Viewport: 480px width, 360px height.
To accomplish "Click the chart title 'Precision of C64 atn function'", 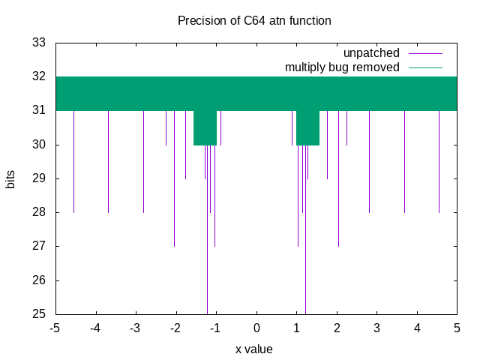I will coord(254,20).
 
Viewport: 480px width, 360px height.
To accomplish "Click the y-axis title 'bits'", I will coord(11,178).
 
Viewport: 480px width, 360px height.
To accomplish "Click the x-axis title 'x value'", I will coord(254,349).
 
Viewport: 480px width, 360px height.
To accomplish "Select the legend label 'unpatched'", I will coord(371,53).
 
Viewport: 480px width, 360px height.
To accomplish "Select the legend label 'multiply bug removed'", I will coord(342,67).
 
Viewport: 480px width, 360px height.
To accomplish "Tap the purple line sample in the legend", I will coord(426,53).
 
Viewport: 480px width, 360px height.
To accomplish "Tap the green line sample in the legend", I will coord(426,67).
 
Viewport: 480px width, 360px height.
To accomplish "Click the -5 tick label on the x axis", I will coord(55,328).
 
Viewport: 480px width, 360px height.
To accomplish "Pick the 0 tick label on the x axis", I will coord(256,328).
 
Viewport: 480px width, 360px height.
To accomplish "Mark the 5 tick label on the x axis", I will coord(457,328).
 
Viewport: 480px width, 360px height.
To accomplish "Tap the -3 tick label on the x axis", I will coord(135,328).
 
